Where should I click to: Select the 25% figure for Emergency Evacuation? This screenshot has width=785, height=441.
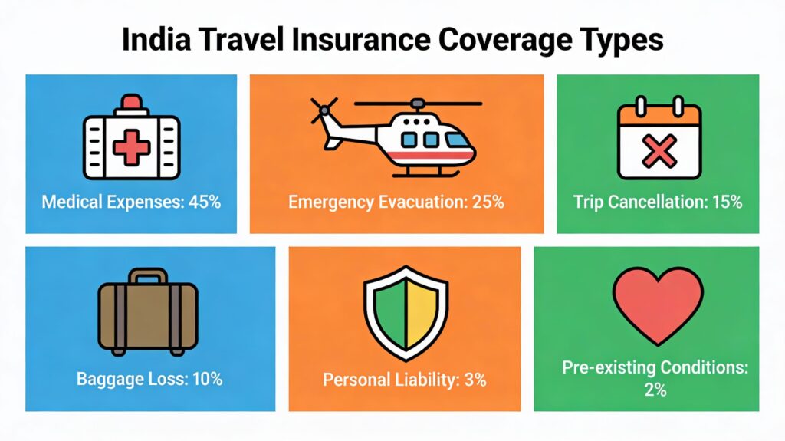487,202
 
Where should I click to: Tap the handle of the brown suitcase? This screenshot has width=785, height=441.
148,275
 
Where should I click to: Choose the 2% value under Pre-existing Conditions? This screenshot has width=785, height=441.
655,390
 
